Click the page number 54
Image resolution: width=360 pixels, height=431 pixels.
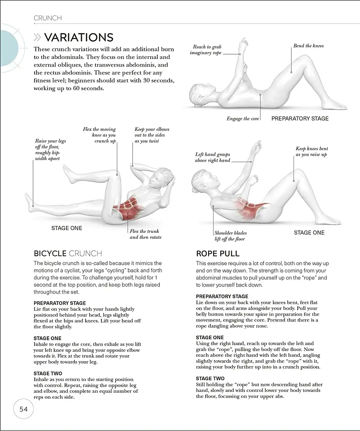click(x=23, y=409)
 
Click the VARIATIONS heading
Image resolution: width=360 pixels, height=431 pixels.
click(x=79, y=37)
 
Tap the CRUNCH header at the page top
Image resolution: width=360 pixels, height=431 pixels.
click(x=48, y=18)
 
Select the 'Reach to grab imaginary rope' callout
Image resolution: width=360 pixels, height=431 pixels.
click(x=207, y=50)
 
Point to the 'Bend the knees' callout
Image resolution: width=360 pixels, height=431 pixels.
click(x=308, y=46)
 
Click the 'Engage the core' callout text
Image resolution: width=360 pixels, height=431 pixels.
click(x=243, y=119)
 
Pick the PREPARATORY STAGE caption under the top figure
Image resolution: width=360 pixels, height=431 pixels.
click(x=300, y=119)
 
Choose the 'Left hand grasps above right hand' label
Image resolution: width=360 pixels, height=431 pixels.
click(x=212, y=157)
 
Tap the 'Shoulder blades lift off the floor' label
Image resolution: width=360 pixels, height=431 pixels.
click(x=230, y=236)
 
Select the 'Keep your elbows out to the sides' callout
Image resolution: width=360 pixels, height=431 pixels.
click(x=152, y=135)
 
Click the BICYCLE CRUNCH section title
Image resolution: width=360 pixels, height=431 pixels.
click(x=68, y=253)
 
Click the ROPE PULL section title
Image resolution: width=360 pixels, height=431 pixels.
click(x=217, y=253)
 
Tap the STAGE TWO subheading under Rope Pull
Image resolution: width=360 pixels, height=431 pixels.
click(x=210, y=378)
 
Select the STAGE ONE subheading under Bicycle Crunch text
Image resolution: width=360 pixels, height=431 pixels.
click(x=47, y=338)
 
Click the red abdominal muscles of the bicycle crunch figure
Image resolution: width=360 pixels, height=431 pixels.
click(x=130, y=206)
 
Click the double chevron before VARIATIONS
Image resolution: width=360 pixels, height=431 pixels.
click(x=38, y=38)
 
